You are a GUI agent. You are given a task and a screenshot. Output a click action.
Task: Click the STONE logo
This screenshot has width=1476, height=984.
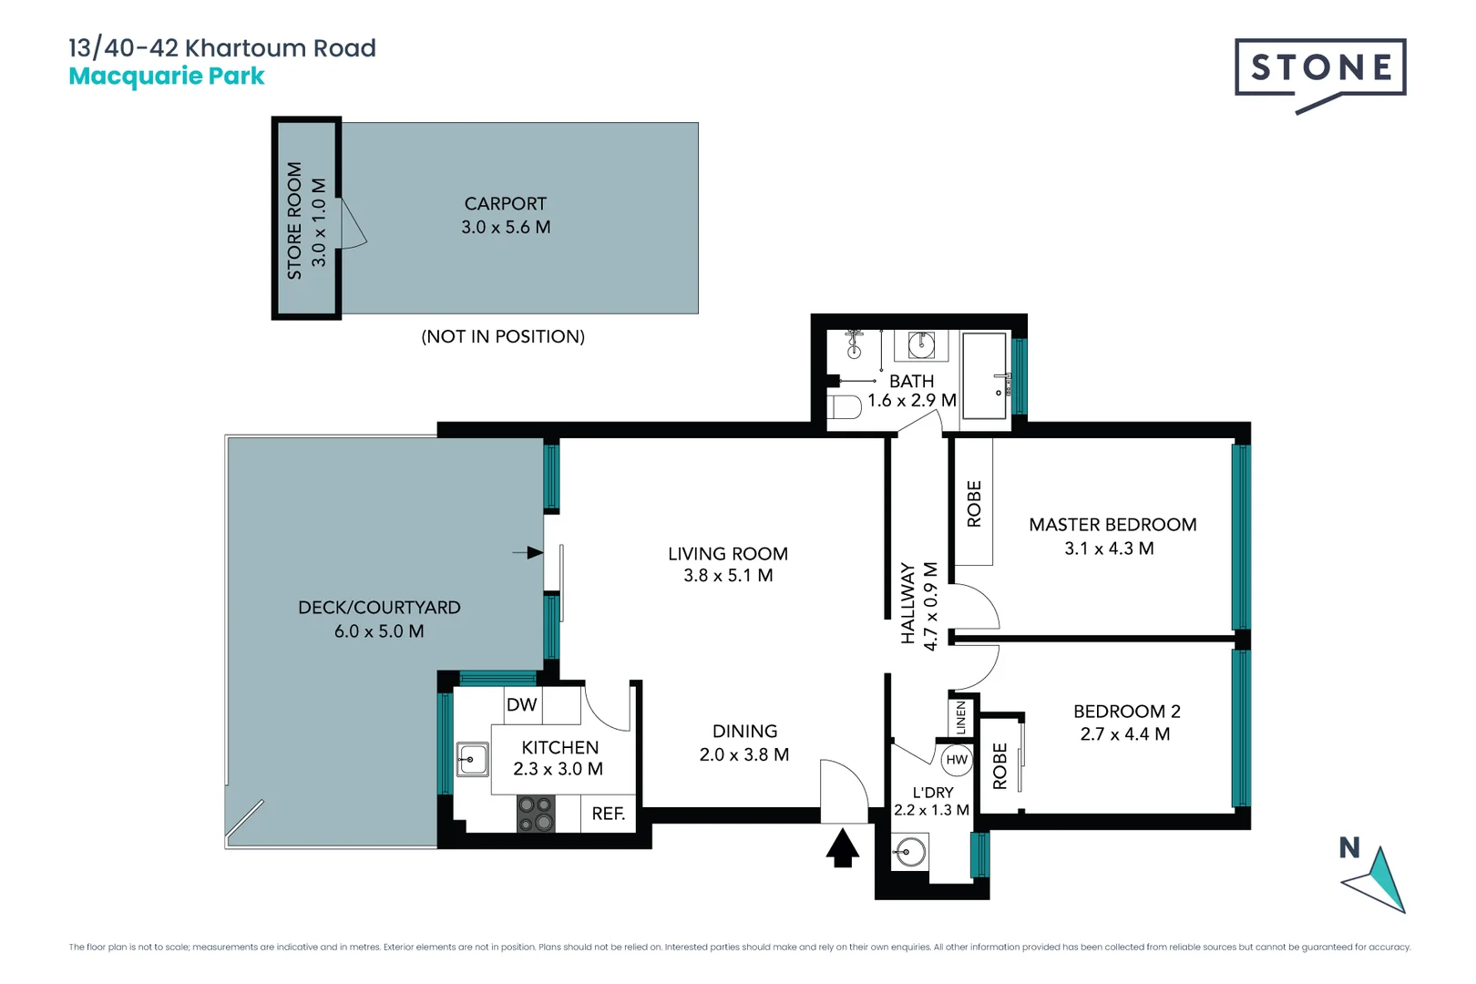1320,68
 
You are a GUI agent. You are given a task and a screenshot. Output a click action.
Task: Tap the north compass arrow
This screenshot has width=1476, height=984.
1378,881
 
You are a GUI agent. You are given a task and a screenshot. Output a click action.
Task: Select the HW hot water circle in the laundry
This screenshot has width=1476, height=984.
956,760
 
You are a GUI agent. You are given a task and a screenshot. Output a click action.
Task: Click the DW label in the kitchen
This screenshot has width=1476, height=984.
521,705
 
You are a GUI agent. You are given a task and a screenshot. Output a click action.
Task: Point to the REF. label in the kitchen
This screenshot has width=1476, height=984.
608,814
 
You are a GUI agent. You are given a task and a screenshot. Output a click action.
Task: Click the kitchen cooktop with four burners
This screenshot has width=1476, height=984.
536,814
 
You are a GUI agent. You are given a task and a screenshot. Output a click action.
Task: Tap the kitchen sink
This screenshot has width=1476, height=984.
472,759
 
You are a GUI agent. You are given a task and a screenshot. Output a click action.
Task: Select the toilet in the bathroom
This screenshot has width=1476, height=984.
846,406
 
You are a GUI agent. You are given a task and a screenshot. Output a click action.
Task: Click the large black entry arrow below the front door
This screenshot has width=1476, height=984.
843,848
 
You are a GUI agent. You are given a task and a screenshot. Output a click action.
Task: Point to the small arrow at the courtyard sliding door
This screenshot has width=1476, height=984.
528,552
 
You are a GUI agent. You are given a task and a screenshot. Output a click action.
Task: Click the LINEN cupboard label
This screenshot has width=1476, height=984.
961,718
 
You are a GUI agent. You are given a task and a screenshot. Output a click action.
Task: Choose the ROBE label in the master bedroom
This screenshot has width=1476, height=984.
974,504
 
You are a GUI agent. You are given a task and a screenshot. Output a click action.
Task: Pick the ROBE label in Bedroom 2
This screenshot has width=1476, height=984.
999,766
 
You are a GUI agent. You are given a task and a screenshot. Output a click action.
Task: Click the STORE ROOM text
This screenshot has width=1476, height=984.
294,220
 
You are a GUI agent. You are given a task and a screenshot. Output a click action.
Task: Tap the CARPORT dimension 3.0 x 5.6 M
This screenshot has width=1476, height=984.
506,228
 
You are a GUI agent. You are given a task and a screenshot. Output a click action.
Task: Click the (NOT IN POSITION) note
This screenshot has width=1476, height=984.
503,337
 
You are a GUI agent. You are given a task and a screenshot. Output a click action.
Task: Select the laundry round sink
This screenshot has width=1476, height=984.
909,853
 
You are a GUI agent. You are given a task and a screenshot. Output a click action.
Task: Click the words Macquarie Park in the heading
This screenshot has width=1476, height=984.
167,77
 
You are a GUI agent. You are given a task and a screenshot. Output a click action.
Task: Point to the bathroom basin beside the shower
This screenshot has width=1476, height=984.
921,345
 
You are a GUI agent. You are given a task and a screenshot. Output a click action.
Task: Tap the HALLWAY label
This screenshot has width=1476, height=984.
907,603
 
